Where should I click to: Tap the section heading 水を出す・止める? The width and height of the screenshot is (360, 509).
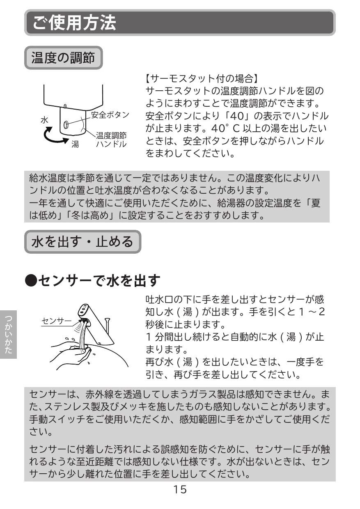pyautogui.click(x=82, y=242)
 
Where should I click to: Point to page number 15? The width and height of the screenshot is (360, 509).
pyautogui.click(x=179, y=489)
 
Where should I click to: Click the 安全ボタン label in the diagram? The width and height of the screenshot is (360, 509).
pyautogui.click(x=110, y=115)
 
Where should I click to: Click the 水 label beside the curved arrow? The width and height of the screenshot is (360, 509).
pyautogui.click(x=44, y=120)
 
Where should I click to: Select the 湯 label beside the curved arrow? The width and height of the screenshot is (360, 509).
pyautogui.click(x=75, y=144)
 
